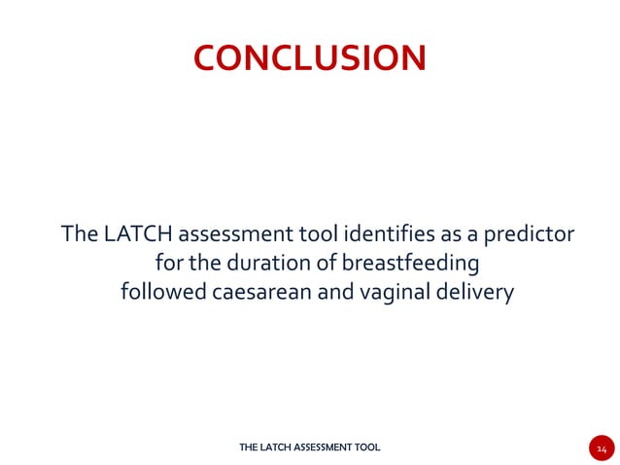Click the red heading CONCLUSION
click(309, 57)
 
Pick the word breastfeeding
click(414, 263)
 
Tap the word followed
click(160, 292)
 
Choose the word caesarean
click(258, 292)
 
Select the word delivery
click(473, 292)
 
